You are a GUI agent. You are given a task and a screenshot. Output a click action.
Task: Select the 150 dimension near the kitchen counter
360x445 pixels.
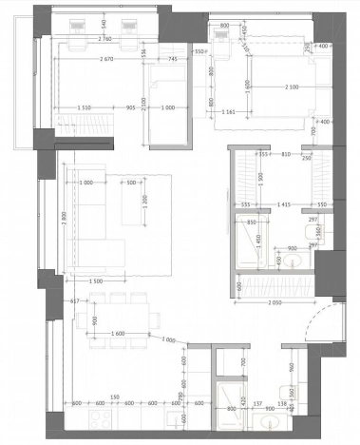tap(113, 398)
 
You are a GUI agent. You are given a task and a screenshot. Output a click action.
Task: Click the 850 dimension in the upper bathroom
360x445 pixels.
tap(252, 222)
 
